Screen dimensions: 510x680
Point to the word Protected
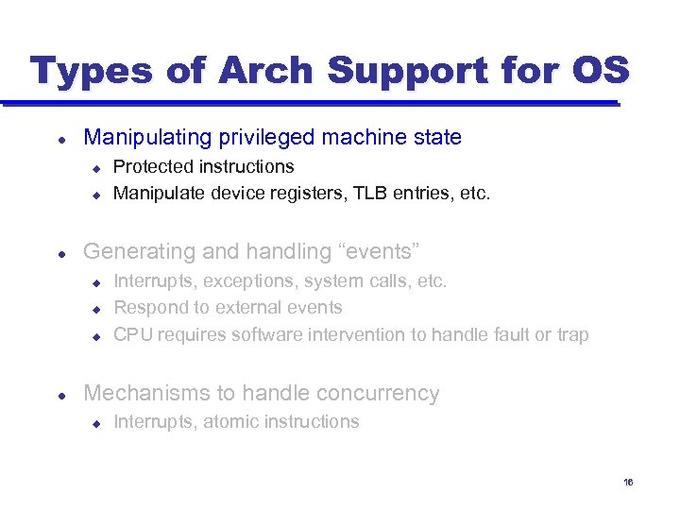coord(154,167)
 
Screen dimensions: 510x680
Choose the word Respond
coord(148,307)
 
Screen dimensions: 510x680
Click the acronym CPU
coord(133,334)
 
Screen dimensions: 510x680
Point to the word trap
coord(571,334)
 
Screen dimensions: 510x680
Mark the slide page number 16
coord(628,484)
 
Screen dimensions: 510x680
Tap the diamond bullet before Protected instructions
coord(95,168)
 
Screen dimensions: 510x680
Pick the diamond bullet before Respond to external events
coord(95,308)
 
